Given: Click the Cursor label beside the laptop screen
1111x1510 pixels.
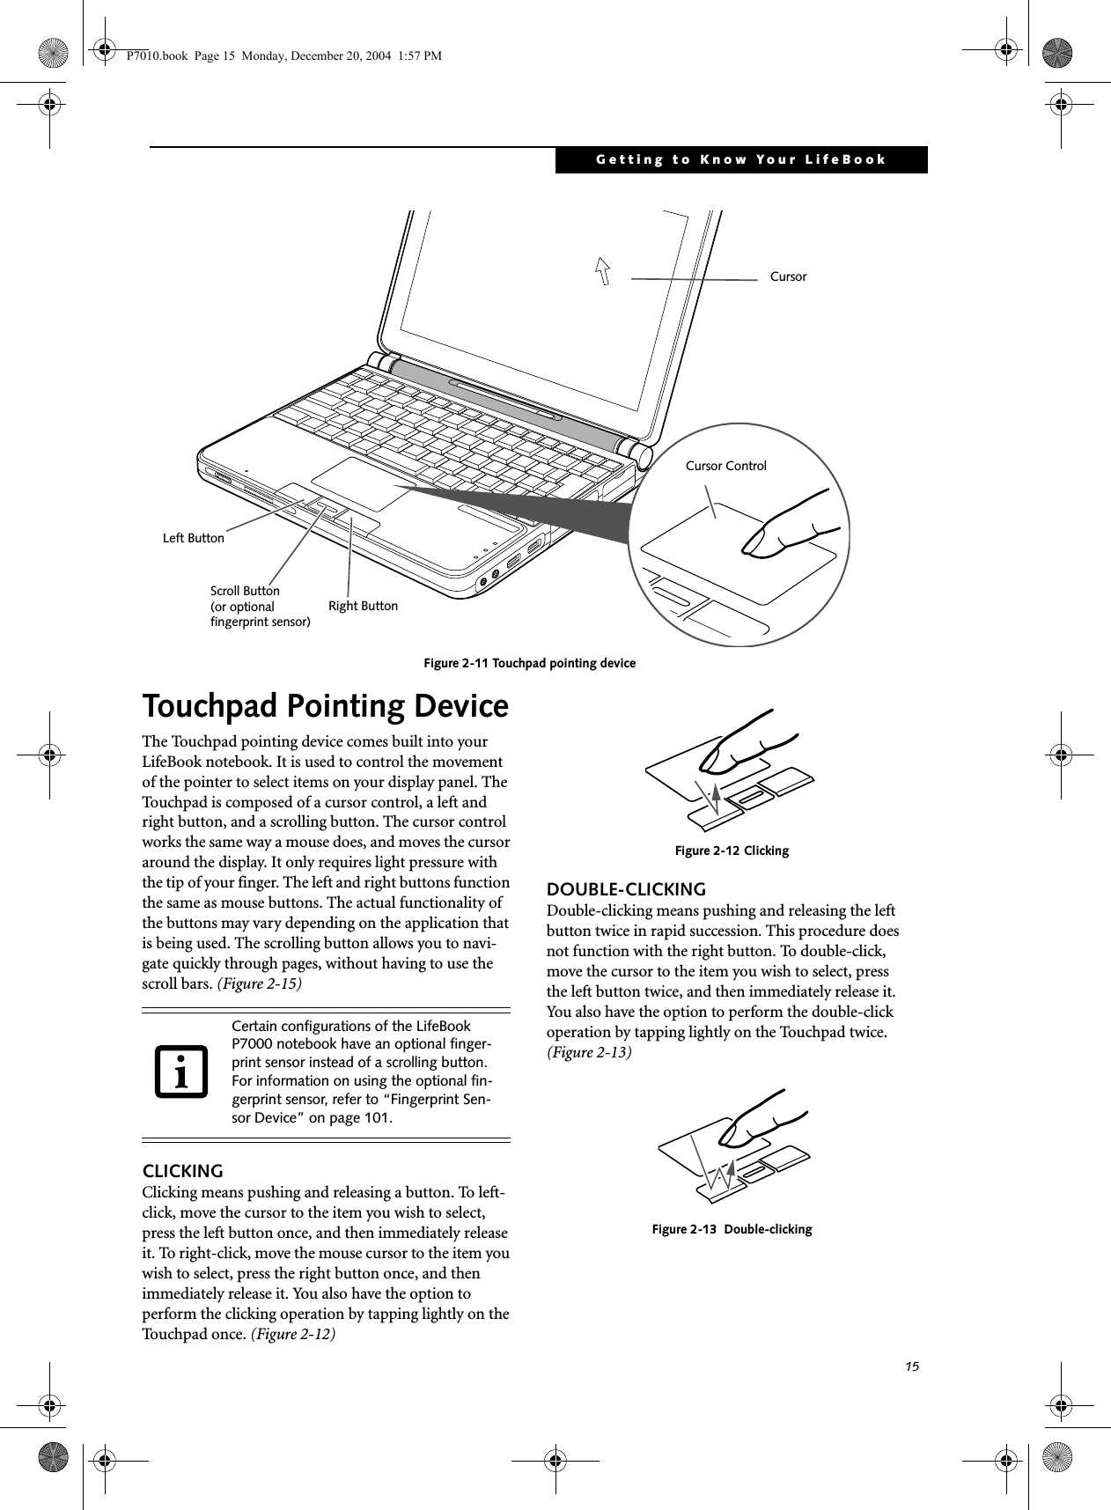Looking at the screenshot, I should click(788, 276).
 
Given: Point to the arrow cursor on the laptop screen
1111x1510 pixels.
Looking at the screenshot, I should click(604, 270).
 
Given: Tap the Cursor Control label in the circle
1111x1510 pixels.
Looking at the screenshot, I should click(725, 466).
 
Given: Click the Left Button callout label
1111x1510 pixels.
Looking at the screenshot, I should click(194, 537).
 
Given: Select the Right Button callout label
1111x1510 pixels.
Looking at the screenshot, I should click(363, 606).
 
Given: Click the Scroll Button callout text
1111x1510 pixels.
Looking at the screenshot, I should click(260, 606).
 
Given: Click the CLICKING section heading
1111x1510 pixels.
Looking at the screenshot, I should click(183, 1171).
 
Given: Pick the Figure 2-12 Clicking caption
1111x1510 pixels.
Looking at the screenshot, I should click(732, 851).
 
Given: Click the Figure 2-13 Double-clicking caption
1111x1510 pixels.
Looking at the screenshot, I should click(732, 1228).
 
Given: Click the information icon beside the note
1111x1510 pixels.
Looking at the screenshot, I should click(181, 1072).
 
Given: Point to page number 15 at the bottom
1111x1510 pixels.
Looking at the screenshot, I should click(911, 1366).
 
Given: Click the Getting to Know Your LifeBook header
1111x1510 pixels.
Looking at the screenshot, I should click(740, 159).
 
